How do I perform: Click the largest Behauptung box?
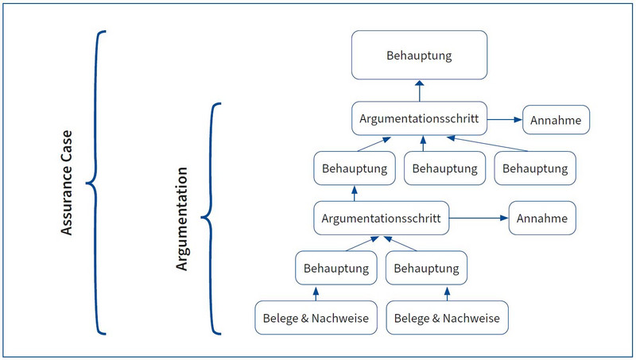tap(419, 55)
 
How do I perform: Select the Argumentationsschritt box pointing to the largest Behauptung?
tap(419, 118)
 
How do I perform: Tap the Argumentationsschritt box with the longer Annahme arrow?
tap(382, 218)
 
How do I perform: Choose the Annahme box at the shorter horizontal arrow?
tap(556, 120)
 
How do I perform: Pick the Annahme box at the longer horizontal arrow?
tap(542, 218)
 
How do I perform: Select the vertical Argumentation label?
tap(182, 219)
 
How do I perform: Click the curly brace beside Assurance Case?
tap(95, 183)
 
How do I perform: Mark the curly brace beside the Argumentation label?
tap(211, 219)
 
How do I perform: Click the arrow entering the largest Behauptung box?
tap(420, 91)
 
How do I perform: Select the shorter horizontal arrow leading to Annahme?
tap(505, 119)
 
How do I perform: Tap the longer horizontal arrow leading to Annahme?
tap(479, 218)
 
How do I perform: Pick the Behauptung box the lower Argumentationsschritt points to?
tap(355, 168)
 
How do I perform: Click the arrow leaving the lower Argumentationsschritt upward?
tap(355, 193)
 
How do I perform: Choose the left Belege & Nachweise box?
tap(316, 318)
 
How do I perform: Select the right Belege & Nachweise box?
tap(447, 318)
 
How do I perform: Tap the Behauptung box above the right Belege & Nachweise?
tap(426, 268)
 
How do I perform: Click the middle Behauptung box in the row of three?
tap(445, 168)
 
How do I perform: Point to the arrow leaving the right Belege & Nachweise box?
tap(447, 294)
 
